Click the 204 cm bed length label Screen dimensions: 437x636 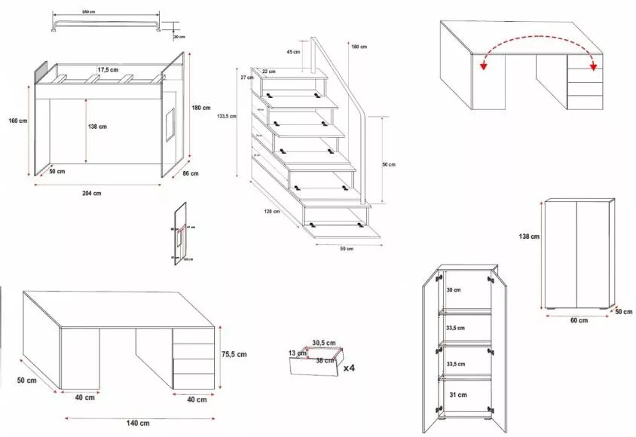coord(91,194)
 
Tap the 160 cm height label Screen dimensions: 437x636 coord(18,121)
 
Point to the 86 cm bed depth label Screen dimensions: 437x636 coord(191,174)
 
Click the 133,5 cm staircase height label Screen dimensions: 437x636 coord(225,116)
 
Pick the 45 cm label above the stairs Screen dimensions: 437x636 coord(293,51)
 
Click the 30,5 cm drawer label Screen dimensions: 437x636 coord(323,343)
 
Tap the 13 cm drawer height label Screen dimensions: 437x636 coord(298,353)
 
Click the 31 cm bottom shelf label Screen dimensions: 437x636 coord(457,394)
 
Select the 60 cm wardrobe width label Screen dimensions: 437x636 coord(578,321)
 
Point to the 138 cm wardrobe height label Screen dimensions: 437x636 coord(530,237)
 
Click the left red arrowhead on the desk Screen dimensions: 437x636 coord(483,66)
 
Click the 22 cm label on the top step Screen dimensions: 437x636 coord(268,72)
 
